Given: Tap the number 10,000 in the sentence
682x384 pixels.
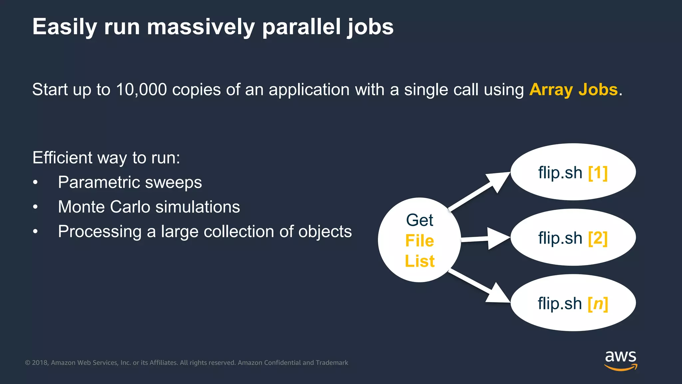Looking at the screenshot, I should pyautogui.click(x=141, y=90).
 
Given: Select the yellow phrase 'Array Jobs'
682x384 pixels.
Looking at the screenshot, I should pyautogui.click(x=573, y=90).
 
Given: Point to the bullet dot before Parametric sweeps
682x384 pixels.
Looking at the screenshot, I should pyautogui.click(x=35, y=183).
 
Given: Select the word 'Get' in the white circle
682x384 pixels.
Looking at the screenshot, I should pyautogui.click(x=420, y=220).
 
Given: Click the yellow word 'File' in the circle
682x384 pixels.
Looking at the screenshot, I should pyautogui.click(x=420, y=241).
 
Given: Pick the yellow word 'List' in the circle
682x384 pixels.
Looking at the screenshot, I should pyautogui.click(x=420, y=261).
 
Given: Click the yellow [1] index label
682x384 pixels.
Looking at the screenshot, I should pyautogui.click(x=598, y=173).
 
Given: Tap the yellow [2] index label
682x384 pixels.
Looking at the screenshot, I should pyautogui.click(x=598, y=238).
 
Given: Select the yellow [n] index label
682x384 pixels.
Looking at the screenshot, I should pyautogui.click(x=598, y=304).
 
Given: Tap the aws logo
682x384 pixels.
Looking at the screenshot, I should pyautogui.click(x=620, y=360).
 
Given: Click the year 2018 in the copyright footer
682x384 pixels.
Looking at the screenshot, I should pyautogui.click(x=40, y=363).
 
